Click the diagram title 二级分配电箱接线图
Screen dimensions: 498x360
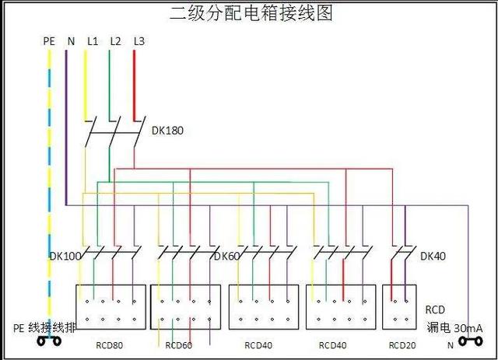[x=251, y=14]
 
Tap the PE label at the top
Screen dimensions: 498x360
[x=49, y=41]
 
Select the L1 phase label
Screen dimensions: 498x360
[x=93, y=41]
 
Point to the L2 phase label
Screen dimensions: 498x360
[x=116, y=41]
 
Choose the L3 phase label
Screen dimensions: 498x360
[x=139, y=41]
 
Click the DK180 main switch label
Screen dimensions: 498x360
[x=167, y=131]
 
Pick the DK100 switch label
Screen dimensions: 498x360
[x=65, y=256]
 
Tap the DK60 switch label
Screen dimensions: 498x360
[x=226, y=256]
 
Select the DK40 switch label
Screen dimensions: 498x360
[x=433, y=256]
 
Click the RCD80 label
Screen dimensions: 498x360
[x=109, y=345]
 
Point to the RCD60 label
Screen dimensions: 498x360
[x=179, y=345]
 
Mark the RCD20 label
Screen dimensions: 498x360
[x=402, y=345]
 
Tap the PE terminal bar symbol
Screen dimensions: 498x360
[x=49, y=341]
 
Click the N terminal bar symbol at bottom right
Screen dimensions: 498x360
[x=471, y=341]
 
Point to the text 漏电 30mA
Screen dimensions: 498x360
[x=454, y=327]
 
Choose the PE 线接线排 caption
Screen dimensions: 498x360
[x=44, y=327]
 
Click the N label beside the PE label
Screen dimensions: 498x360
[x=71, y=41]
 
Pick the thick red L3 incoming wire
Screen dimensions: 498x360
[x=134, y=86]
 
